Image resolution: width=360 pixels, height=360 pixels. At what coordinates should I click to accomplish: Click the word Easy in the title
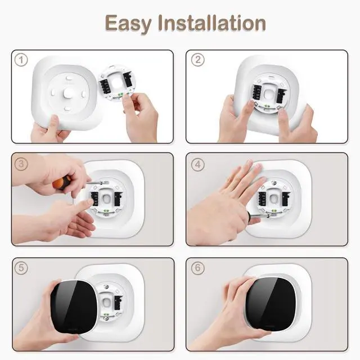(128, 24)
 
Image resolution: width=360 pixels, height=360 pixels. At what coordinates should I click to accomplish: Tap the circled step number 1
(21, 60)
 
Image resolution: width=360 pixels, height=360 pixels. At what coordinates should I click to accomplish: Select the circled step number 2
(197, 60)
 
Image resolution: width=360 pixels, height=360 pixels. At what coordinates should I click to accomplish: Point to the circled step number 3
(21, 164)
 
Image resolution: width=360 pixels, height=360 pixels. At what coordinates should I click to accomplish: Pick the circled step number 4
(197, 164)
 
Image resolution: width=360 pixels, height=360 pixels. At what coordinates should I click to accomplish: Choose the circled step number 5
(21, 268)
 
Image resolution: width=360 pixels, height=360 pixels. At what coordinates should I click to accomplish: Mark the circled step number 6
(197, 268)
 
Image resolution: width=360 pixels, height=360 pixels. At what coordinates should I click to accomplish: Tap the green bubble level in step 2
(267, 106)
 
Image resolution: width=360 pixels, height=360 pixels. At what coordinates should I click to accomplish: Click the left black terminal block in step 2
(256, 93)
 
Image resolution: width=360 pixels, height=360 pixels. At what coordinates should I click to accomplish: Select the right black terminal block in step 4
(285, 199)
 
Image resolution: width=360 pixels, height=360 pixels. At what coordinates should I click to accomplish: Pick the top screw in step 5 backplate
(106, 286)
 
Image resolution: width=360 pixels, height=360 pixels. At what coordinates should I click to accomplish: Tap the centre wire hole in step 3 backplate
(106, 197)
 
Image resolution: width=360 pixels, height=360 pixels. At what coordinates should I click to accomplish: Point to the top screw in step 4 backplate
(273, 183)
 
